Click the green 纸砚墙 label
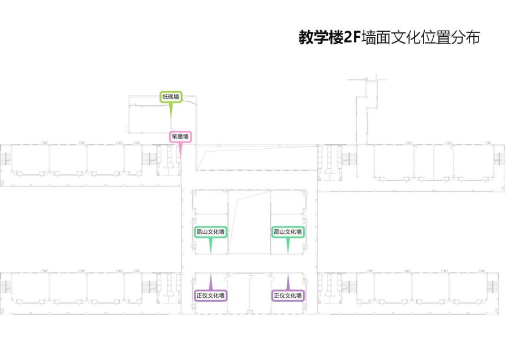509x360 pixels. tap(170, 97)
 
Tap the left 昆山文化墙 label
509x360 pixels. tap(210, 232)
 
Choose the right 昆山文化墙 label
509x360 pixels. tap(287, 232)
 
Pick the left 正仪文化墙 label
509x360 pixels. tap(210, 295)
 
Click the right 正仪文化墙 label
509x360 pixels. tap(287, 295)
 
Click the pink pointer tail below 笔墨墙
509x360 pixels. tap(180, 149)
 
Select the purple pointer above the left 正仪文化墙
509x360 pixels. tap(211, 282)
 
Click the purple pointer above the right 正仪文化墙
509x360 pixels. tap(288, 282)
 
